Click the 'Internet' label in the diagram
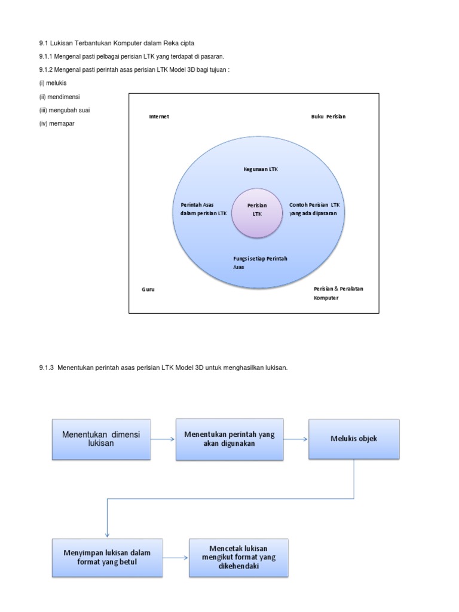pyautogui.click(x=159, y=117)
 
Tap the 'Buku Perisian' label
pyautogui.click(x=328, y=117)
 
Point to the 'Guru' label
pyautogui.click(x=148, y=289)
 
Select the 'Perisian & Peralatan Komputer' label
pyautogui.click(x=338, y=293)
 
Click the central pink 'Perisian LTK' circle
pyautogui.click(x=257, y=213)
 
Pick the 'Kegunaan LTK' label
pyautogui.click(x=261, y=169)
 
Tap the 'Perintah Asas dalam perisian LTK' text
pyautogui.click(x=203, y=209)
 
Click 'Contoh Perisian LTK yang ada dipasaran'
pyautogui.click(x=314, y=209)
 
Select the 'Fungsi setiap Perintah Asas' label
pyautogui.click(x=260, y=263)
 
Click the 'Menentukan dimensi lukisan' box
pyautogui.click(x=101, y=439)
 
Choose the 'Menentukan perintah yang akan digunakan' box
pyautogui.click(x=229, y=439)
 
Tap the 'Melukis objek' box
pyautogui.click(x=354, y=439)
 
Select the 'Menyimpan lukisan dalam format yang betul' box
pyautogui.click(x=108, y=558)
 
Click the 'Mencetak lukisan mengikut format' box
pyautogui.click(x=238, y=558)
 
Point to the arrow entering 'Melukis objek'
pyautogui.click(x=296, y=439)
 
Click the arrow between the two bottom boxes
pyautogui.click(x=176, y=558)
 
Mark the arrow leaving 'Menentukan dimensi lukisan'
pyautogui.click(x=163, y=439)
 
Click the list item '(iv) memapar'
pyautogui.click(x=57, y=124)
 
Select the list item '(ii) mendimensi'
pyautogui.click(x=59, y=97)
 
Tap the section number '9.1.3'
pyautogui.click(x=46, y=368)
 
